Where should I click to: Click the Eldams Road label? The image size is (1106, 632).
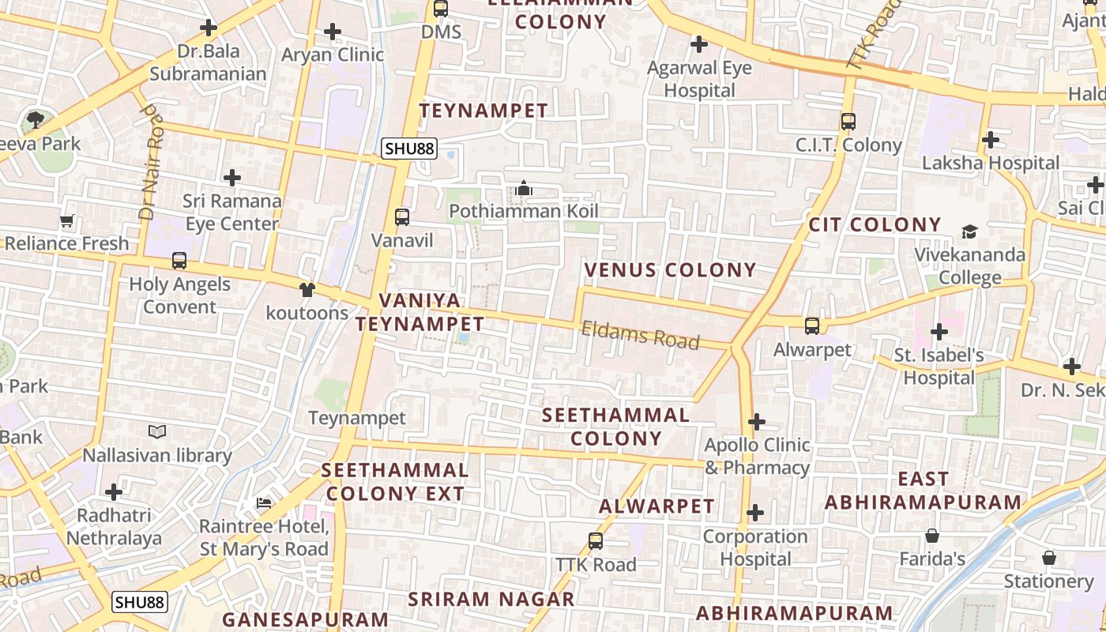641,335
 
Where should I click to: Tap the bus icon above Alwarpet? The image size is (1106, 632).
812,325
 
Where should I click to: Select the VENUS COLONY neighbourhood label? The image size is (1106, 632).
670,270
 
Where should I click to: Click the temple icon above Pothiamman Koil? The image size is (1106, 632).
523,189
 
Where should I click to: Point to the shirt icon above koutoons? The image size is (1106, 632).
307,290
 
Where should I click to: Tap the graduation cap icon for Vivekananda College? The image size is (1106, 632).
969,231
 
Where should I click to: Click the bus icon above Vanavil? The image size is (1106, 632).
402,217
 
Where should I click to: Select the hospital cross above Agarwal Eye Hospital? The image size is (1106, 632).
699,44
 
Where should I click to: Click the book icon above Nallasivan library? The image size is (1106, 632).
157,432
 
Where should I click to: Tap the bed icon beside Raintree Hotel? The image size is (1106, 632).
264,503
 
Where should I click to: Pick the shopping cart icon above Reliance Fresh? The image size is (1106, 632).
67,220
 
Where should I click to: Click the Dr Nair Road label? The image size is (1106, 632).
151,164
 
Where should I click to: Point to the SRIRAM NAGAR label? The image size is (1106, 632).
491,599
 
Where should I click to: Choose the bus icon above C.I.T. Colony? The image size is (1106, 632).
848,122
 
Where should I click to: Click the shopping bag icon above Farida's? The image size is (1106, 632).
932,536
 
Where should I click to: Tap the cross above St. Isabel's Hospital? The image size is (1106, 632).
939,332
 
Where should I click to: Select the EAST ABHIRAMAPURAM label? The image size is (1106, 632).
924,491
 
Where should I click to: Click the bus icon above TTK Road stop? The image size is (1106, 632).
596,541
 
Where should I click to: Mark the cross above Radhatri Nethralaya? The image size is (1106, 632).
114,492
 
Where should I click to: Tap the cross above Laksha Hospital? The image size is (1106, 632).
991,141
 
